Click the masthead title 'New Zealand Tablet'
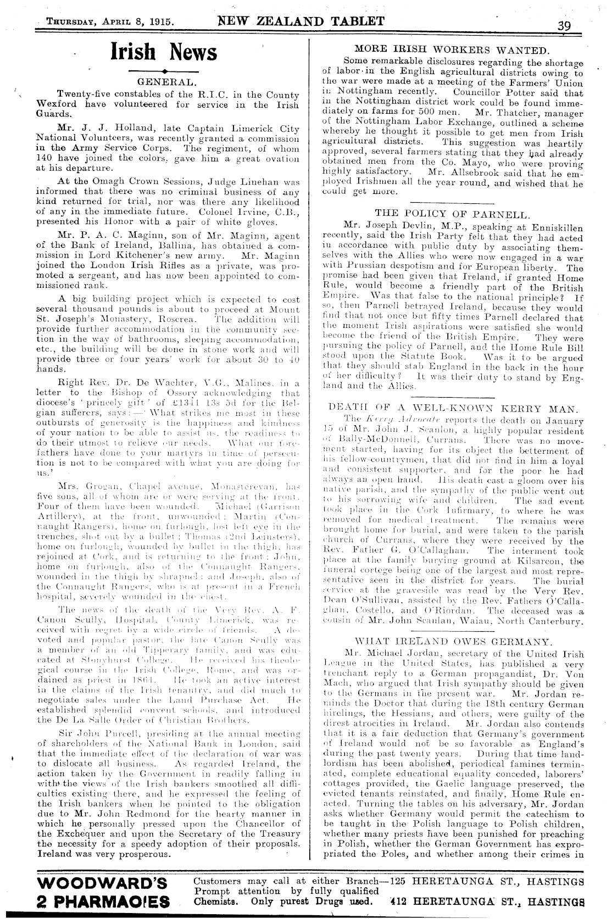pyautogui.click(x=301, y=21)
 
